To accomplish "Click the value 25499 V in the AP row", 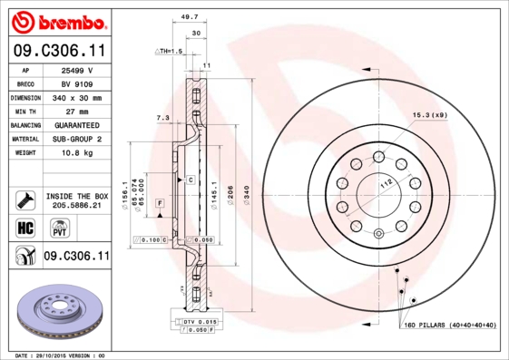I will pos(77,69).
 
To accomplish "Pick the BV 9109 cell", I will pos(77,83).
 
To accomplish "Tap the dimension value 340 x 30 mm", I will pos(77,97).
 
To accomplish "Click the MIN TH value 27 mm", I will pos(77,111).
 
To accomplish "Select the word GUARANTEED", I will pos(77,124).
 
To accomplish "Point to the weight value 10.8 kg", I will pos(77,153).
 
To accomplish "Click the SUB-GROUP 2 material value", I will pos(77,139).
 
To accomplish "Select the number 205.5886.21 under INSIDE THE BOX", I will pos(76,206).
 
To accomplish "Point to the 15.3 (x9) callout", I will pos(431,115).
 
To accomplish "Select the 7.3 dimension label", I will pos(162,118).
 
